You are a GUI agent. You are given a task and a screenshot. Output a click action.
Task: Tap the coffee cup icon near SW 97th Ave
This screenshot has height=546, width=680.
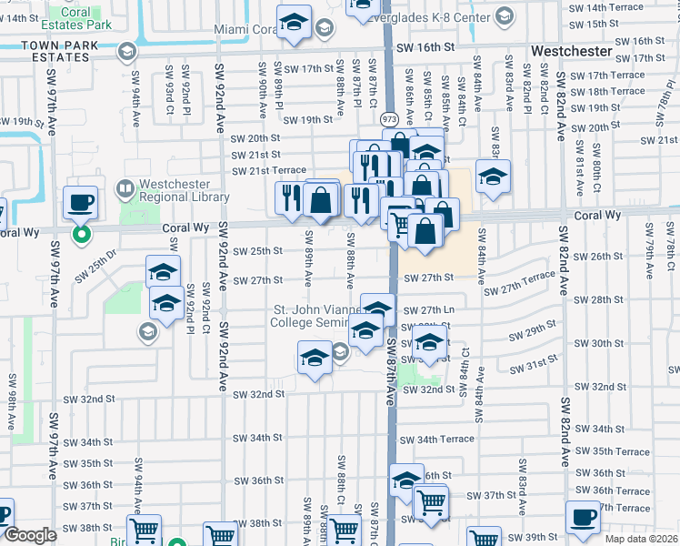pos(80,203)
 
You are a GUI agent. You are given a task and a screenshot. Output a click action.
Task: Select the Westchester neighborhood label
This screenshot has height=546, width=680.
pos(575,52)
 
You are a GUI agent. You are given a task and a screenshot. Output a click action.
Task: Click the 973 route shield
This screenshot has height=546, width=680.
pos(388,118)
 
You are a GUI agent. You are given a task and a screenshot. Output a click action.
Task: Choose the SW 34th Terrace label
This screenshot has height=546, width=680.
pos(445,440)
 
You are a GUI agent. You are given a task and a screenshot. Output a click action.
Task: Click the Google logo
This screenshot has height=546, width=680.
pos(30,535)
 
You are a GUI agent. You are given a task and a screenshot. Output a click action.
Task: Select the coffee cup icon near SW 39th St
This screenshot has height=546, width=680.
pos(583,519)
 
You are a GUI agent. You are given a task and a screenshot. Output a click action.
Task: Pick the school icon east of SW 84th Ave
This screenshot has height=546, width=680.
pos(493,177)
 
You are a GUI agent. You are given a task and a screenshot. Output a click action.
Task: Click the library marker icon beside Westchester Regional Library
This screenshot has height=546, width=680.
pos(126,189)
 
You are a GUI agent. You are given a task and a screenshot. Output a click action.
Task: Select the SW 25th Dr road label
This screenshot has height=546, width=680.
pos(96,267)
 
